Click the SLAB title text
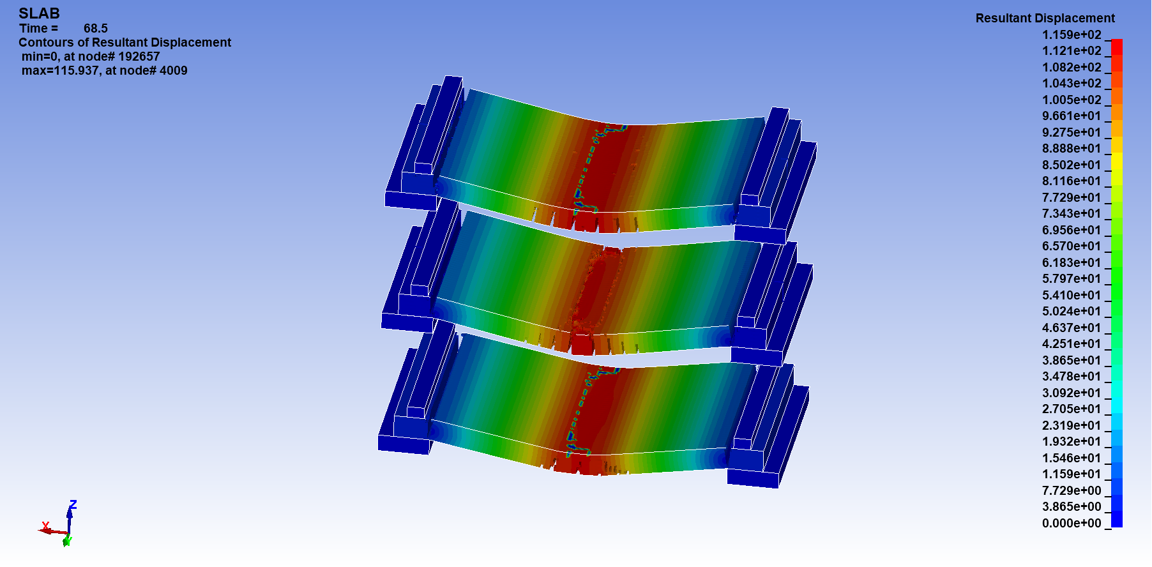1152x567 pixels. click(39, 13)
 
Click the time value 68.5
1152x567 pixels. click(96, 28)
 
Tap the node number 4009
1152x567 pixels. click(173, 70)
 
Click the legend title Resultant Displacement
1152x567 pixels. click(1045, 18)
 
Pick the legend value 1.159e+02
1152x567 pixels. click(1072, 34)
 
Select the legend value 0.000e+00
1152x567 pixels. click(1072, 523)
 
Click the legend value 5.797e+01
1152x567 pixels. click(1072, 278)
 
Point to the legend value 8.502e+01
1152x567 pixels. click(1072, 165)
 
